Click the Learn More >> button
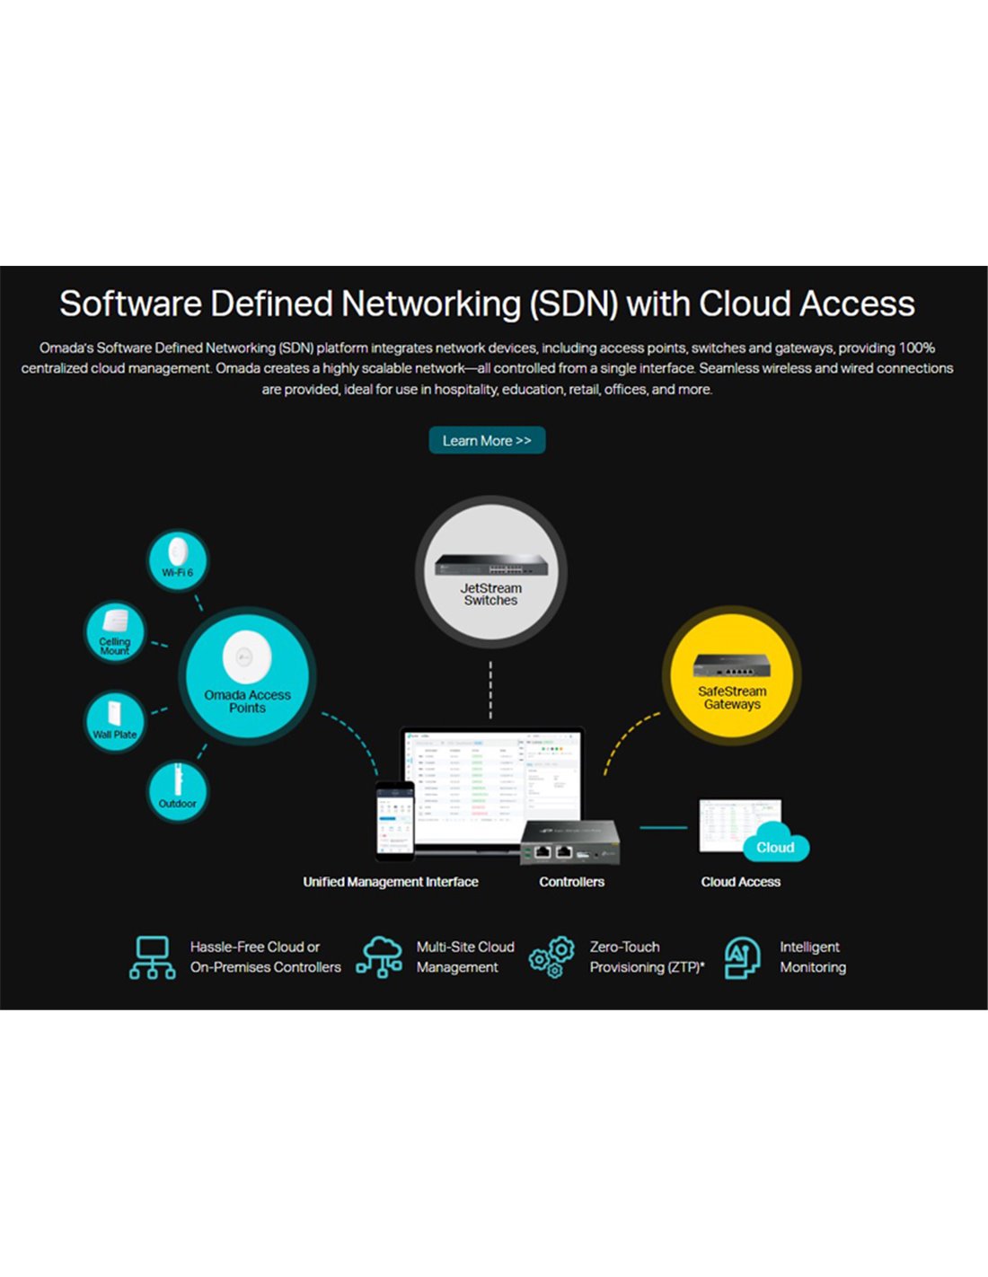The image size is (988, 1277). click(487, 441)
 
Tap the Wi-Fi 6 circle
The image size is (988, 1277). click(177, 560)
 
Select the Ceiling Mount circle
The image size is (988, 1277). click(115, 632)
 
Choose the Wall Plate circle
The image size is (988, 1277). click(115, 722)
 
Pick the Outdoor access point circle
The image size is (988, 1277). click(177, 791)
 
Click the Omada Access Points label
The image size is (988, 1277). click(247, 701)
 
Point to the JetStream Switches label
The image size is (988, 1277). click(490, 594)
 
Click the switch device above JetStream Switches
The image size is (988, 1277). click(490, 565)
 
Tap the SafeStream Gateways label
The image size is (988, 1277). click(732, 698)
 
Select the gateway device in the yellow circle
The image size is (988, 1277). click(732, 665)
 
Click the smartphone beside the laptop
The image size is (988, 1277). click(394, 821)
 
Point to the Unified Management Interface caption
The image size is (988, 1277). click(391, 882)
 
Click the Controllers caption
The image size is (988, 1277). click(571, 882)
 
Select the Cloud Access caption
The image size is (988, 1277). click(740, 882)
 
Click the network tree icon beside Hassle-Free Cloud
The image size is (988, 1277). click(153, 957)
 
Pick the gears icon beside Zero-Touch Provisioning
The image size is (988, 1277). click(551, 957)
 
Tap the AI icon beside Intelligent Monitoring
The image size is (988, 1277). click(742, 957)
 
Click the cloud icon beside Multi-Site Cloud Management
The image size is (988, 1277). click(379, 956)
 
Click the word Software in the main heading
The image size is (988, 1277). click(131, 304)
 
